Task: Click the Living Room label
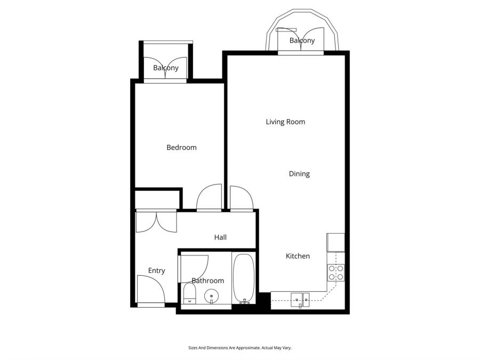[x=285, y=122]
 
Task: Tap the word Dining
[x=299, y=174]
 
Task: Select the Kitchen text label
[x=298, y=256]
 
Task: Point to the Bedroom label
[x=181, y=147]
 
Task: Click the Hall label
[x=220, y=237]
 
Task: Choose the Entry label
[x=156, y=270]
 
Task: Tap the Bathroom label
[x=207, y=281]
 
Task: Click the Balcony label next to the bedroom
[x=165, y=68]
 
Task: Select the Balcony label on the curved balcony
[x=302, y=41]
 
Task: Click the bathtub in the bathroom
[x=245, y=277]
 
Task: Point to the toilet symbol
[x=189, y=294]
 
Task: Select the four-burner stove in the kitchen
[x=336, y=273]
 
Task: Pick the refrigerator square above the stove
[x=336, y=242]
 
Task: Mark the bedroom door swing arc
[x=209, y=197]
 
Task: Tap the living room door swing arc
[x=241, y=197]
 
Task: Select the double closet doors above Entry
[x=156, y=221]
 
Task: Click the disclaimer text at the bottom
[x=239, y=347]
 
